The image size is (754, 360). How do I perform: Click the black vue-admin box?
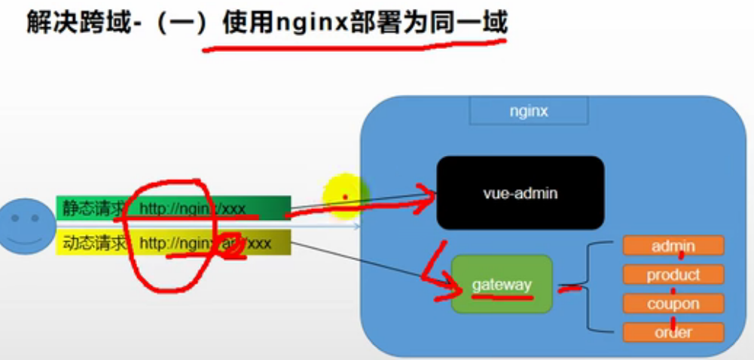(520, 193)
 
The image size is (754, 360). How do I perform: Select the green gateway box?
(502, 284)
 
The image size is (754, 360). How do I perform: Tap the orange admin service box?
(673, 246)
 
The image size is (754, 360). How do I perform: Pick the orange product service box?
(673, 275)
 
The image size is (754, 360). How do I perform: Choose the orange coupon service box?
(673, 304)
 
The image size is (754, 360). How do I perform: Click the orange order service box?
(673, 332)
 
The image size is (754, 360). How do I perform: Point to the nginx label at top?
(528, 111)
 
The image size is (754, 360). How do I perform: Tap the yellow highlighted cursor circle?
(345, 197)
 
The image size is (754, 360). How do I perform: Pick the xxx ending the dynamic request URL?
(259, 243)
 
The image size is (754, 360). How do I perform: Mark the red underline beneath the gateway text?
(502, 297)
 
